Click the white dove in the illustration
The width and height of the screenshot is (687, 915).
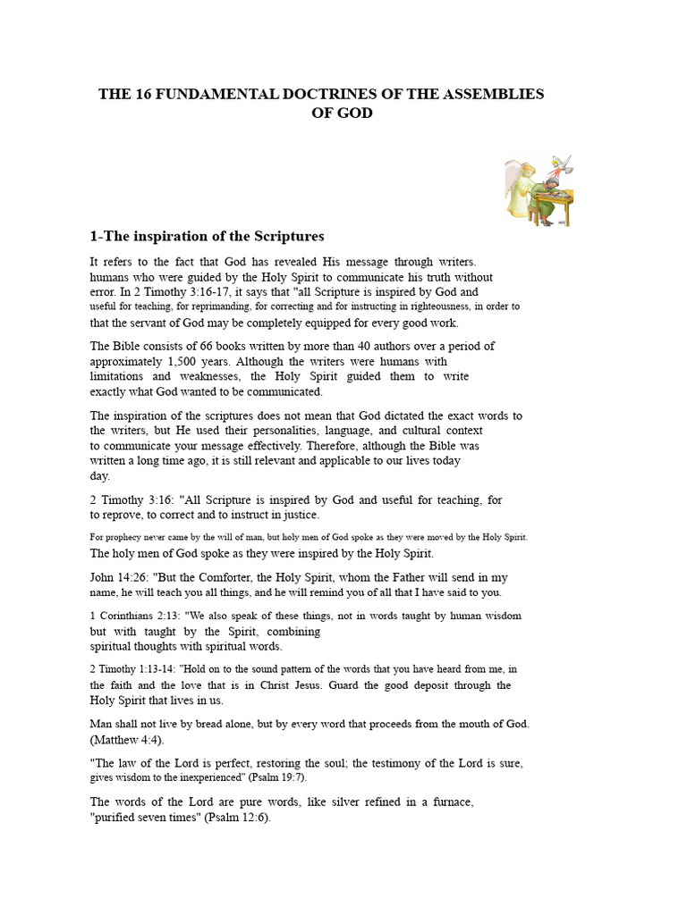point(562,164)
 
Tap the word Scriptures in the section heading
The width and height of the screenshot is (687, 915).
point(284,236)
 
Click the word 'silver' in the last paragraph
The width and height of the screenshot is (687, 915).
point(327,802)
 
